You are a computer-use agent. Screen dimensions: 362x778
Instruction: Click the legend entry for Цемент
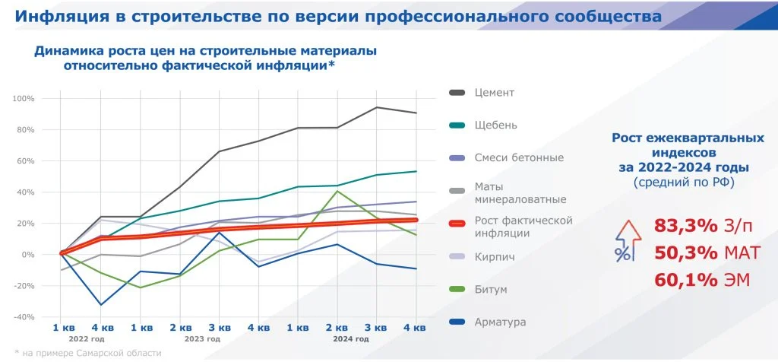[495, 93]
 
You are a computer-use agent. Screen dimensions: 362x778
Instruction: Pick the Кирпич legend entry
[495, 257]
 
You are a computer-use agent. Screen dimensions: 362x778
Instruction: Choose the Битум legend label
[491, 290]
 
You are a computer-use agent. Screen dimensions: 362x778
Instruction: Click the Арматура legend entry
[500, 322]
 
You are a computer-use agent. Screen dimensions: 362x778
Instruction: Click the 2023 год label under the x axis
[203, 339]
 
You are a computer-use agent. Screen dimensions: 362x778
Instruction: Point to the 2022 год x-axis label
[86, 339]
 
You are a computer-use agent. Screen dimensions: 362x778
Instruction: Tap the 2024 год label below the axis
[351, 339]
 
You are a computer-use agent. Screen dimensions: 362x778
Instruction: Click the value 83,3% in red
[686, 225]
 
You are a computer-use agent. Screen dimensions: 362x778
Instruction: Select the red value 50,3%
[686, 252]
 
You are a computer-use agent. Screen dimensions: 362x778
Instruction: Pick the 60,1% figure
[686, 280]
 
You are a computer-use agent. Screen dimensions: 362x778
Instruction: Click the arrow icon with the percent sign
[625, 242]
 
